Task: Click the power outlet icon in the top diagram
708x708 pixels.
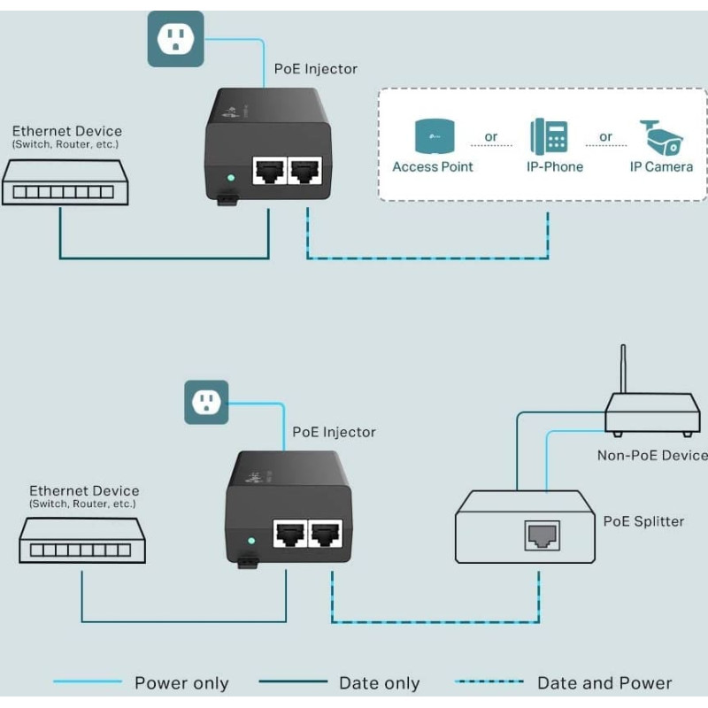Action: tap(175, 39)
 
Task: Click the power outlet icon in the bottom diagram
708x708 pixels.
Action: tap(206, 403)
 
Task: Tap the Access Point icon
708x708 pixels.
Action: tap(433, 135)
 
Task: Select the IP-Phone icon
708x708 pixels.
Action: tap(550, 136)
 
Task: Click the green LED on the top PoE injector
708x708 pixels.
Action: tap(230, 177)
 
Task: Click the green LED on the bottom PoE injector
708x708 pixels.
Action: tap(251, 540)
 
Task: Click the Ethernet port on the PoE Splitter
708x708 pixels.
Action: tap(541, 535)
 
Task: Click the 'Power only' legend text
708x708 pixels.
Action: tap(181, 683)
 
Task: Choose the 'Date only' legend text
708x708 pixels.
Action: tap(379, 683)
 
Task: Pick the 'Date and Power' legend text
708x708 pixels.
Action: tap(604, 683)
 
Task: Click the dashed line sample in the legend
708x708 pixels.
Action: tap(489, 682)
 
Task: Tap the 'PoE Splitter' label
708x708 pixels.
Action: tap(643, 521)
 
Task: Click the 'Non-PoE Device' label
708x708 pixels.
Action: tap(653, 455)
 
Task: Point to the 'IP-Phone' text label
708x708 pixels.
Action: tap(550, 166)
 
